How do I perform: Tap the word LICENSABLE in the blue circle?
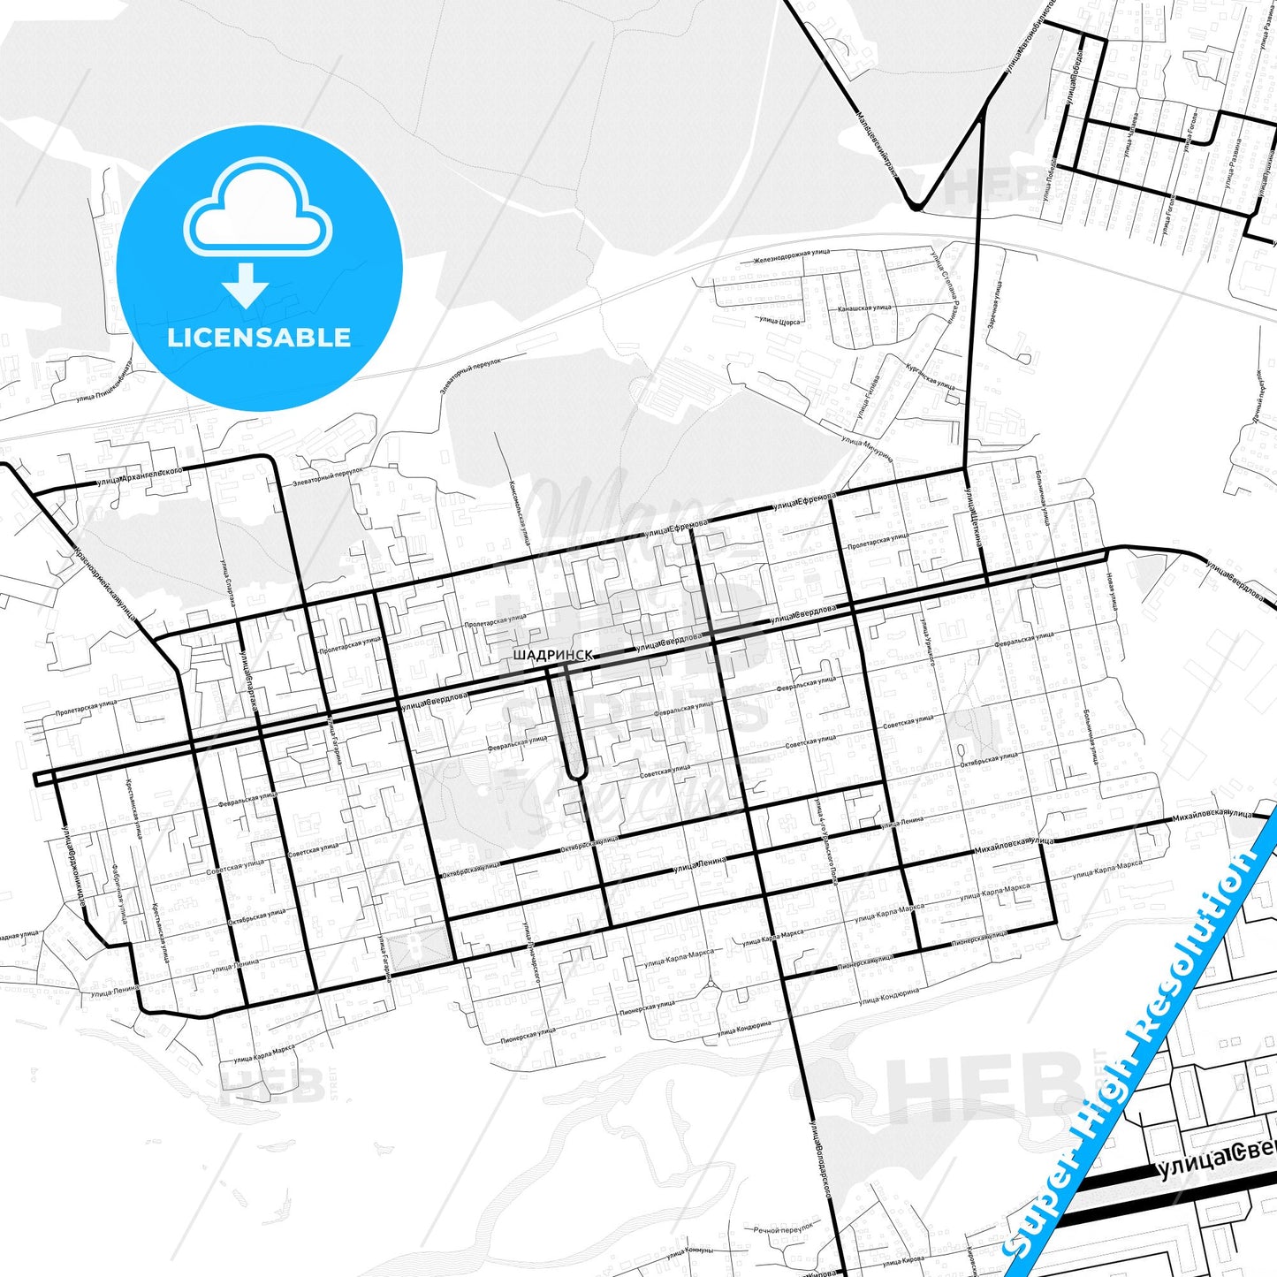pos(259,337)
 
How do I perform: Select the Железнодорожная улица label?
pos(791,255)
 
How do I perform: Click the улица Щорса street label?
pos(779,322)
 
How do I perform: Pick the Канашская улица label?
pos(864,308)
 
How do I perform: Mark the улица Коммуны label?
pos(689,1252)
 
